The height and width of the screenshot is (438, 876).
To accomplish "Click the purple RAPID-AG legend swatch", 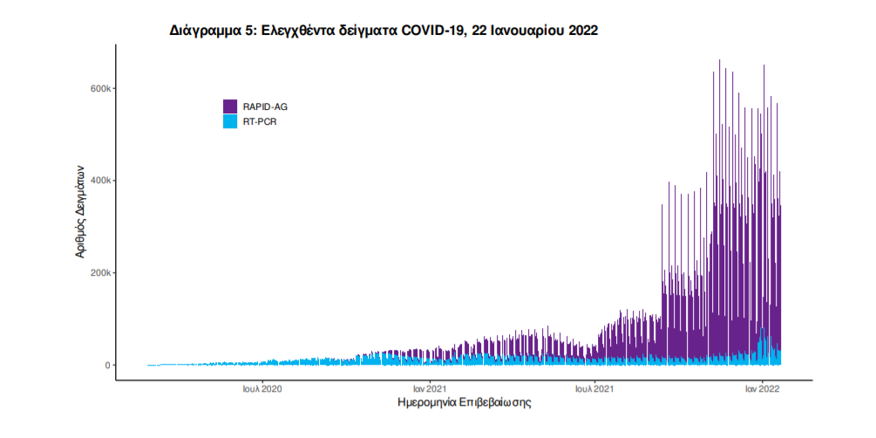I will pos(230,106).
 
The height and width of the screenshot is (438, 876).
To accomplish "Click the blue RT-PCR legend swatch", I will pos(230,121).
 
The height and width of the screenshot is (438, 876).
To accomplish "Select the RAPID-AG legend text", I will pos(265,106).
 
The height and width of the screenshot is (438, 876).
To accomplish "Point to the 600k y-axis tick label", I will pos(98,89).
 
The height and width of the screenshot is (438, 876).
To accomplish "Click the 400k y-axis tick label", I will pos(98,181).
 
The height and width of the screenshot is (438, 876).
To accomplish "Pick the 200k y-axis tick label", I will pos(98,273).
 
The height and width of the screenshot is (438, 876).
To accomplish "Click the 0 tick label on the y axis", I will pos(107,366).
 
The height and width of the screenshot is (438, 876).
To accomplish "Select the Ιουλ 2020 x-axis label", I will pos(261,387).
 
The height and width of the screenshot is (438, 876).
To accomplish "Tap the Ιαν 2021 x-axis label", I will pos(430,387).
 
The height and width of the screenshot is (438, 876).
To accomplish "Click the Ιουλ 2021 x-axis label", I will pos(595,387).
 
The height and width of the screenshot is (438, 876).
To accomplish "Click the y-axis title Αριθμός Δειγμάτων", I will pos(79,210).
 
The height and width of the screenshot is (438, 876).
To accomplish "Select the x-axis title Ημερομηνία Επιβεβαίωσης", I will pos(464,403).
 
